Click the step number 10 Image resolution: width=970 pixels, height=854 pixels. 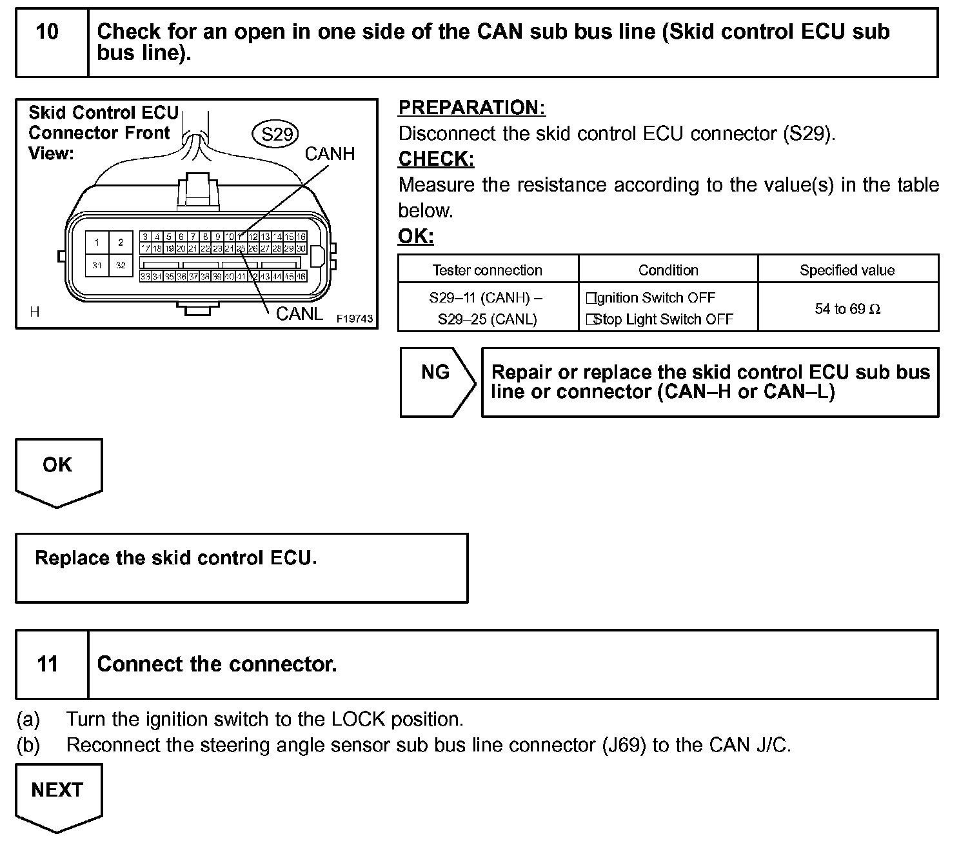click(x=48, y=32)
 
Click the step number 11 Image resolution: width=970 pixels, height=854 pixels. click(x=48, y=664)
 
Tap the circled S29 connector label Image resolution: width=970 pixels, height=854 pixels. click(x=277, y=134)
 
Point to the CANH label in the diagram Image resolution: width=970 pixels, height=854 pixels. click(x=330, y=154)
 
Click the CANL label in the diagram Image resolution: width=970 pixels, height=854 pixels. click(x=299, y=314)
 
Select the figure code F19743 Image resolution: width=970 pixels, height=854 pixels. click(x=355, y=319)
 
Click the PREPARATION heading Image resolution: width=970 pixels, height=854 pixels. click(x=471, y=108)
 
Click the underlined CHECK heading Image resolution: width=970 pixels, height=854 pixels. click(x=436, y=159)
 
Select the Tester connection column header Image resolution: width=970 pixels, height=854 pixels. click(x=487, y=270)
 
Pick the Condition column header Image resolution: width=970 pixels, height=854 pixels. click(x=668, y=270)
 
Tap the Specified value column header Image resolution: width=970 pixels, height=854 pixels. click(x=847, y=270)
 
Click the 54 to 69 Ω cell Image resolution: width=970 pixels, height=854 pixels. click(x=847, y=309)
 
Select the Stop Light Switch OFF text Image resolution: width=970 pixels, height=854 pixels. click(x=662, y=319)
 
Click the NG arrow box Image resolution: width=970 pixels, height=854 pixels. click(x=436, y=381)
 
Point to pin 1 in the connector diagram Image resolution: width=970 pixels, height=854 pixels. click(x=97, y=243)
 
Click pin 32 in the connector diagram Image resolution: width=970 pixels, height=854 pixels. click(x=121, y=266)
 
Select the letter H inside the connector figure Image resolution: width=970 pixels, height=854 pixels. click(x=35, y=312)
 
